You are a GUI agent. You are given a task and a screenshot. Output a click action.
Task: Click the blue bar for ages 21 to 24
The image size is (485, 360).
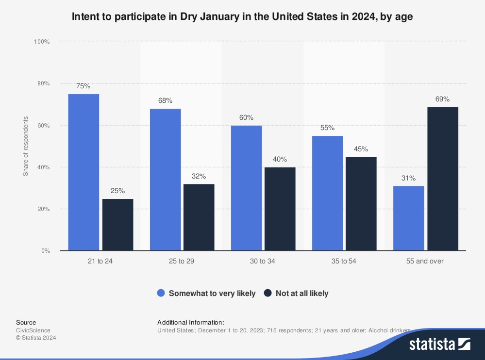pyautogui.click(x=84, y=172)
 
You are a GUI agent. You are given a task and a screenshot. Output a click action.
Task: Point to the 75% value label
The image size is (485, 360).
pyautogui.click(x=84, y=86)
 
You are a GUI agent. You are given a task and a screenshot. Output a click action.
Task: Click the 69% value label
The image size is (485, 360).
pyautogui.click(x=442, y=99)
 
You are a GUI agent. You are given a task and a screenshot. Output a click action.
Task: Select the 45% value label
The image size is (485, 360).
pyautogui.click(x=361, y=149)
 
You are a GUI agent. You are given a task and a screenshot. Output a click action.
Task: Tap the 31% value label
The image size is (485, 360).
pyautogui.click(x=408, y=179)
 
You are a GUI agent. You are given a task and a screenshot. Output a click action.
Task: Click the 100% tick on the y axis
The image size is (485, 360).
pyautogui.click(x=42, y=42)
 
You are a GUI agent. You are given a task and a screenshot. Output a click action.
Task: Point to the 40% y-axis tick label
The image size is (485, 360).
pyautogui.click(x=43, y=167)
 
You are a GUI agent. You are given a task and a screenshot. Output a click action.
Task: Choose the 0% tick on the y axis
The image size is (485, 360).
pyautogui.click(x=45, y=251)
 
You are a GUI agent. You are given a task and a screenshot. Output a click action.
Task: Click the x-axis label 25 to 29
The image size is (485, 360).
pyautogui.click(x=182, y=261)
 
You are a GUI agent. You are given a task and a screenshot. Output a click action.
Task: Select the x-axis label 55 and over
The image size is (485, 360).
pyautogui.click(x=425, y=261)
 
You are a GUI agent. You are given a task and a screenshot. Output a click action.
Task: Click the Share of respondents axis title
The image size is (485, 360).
pyautogui.click(x=26, y=146)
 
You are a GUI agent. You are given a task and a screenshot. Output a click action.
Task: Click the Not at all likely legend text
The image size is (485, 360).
pyautogui.click(x=302, y=293)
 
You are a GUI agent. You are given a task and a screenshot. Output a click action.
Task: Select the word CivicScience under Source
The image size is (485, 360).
pyautogui.click(x=33, y=330)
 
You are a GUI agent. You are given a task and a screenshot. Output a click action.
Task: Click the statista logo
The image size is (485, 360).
pyautogui.click(x=439, y=344)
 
